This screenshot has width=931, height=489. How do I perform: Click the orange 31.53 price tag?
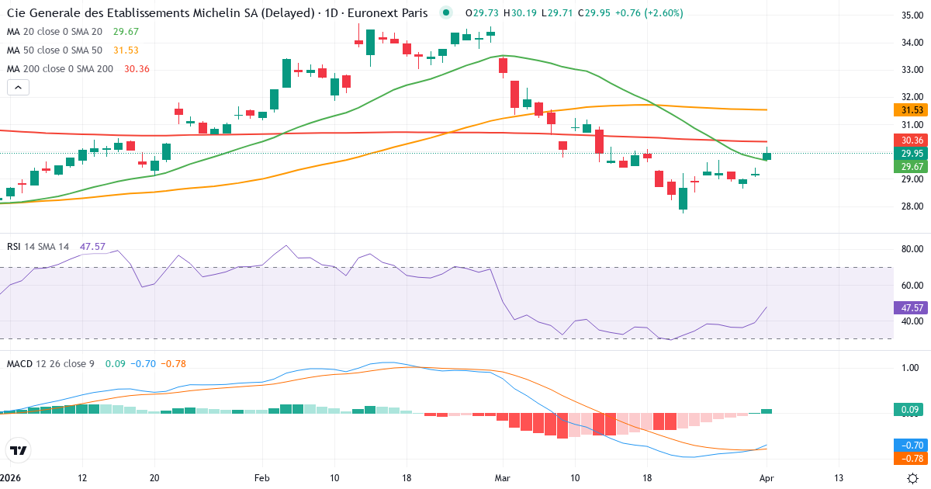click(911, 111)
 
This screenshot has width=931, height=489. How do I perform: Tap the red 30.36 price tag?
click(911, 140)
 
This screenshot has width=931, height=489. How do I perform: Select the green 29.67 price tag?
click(911, 167)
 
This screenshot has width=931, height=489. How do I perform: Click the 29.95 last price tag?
click(911, 154)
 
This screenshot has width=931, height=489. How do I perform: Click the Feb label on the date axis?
click(261, 478)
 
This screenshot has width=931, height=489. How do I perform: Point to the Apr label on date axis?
click(767, 478)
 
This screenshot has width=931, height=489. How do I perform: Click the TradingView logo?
click(19, 450)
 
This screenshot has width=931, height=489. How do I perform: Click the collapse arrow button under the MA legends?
click(19, 88)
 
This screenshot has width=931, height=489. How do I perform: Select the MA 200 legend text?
click(61, 68)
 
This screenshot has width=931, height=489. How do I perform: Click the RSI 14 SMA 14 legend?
click(38, 246)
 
